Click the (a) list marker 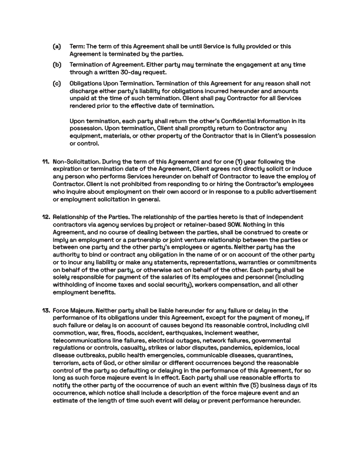(x=56, y=46)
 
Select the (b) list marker (x=56, y=65)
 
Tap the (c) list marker (x=56, y=84)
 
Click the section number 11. (x=45, y=161)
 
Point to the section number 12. (x=45, y=217)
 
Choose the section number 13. (x=45, y=311)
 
